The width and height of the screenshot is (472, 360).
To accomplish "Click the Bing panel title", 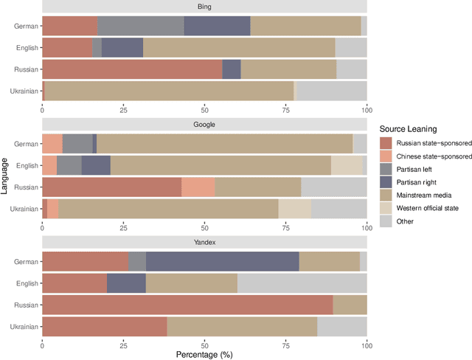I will pyautogui.click(x=204, y=7).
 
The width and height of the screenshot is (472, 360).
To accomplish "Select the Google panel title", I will pyautogui.click(x=204, y=125).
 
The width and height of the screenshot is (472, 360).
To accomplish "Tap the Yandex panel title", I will pyautogui.click(x=204, y=242).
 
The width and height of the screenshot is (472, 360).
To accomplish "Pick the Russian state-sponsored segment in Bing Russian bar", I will pyautogui.click(x=132, y=69).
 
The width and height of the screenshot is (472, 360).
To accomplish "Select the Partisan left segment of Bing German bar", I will pyautogui.click(x=140, y=26).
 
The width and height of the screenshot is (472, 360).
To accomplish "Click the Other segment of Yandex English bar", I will pyautogui.click(x=302, y=283).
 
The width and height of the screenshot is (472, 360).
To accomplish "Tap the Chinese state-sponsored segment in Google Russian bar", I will pyautogui.click(x=198, y=187).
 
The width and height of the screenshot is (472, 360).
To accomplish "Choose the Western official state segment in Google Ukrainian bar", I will pyautogui.click(x=294, y=209).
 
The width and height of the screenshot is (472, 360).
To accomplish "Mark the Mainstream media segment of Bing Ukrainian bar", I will pyautogui.click(x=169, y=91).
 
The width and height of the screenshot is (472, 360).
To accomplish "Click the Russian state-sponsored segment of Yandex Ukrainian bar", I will pyautogui.click(x=105, y=326).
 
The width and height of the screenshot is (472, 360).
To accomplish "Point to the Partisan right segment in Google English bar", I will pyautogui.click(x=96, y=165).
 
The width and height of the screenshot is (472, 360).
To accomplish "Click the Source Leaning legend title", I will pyautogui.click(x=413, y=129).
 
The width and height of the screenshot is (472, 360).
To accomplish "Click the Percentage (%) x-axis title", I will pyautogui.click(x=204, y=354).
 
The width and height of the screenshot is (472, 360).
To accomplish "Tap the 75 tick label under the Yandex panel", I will pyautogui.click(x=285, y=344).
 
